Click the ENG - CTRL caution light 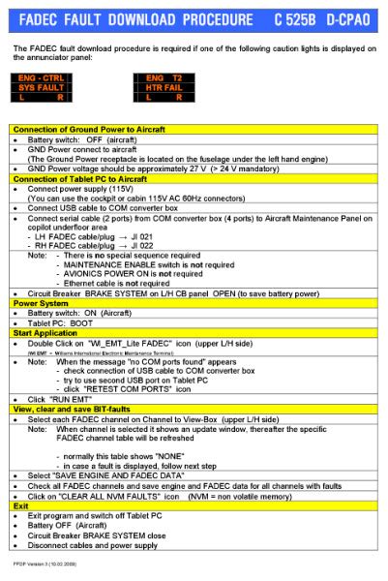click(x=41, y=77)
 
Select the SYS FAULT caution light click(x=41, y=87)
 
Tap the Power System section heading click(x=40, y=302)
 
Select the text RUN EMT click(x=63, y=399)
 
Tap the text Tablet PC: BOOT click(x=59, y=322)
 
